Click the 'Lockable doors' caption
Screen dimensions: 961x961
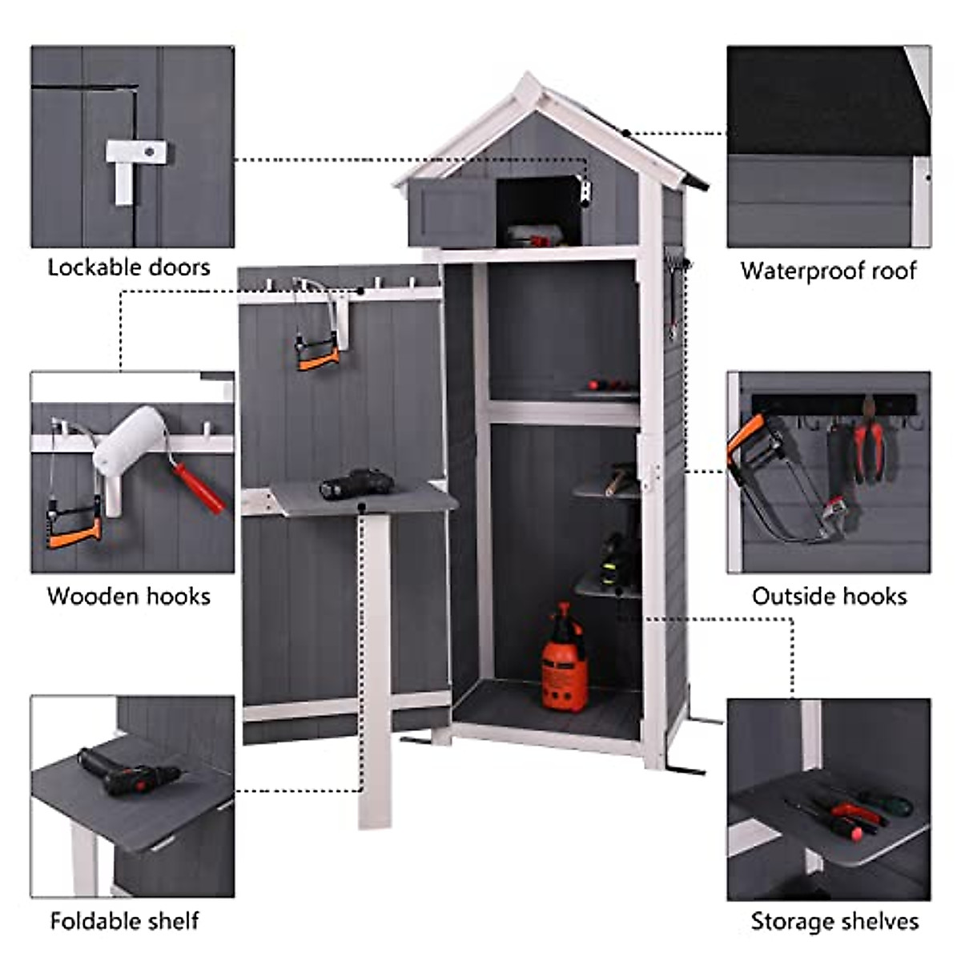pos(129,267)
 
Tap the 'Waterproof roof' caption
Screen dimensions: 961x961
pos(828,271)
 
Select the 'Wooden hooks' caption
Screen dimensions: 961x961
pos(129,596)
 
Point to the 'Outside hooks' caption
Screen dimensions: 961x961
pos(829,596)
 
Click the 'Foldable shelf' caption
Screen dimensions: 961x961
pos(125,921)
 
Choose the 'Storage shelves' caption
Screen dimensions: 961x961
pos(834,921)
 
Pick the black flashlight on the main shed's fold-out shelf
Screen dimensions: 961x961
pos(356,485)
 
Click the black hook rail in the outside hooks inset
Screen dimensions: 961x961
pos(833,403)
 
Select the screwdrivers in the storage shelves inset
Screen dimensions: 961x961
pos(849,813)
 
